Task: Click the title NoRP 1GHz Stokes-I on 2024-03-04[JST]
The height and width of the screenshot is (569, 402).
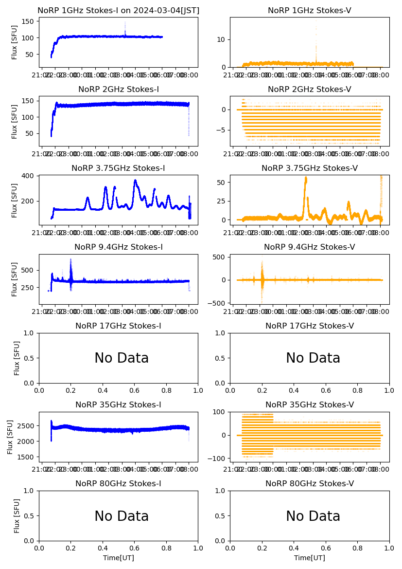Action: [118, 11]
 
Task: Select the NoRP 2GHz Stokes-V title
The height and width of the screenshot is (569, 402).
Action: [309, 90]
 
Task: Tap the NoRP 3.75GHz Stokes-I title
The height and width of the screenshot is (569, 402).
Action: [118, 168]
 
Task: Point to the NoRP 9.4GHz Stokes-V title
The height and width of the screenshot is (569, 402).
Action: [309, 247]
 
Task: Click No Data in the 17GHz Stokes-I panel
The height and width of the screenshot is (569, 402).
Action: [122, 358]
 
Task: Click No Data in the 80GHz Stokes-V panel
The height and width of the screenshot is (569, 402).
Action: [313, 516]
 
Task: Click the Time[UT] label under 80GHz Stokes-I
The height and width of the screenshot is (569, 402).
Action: [118, 558]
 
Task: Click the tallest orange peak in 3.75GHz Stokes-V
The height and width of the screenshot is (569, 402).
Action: [306, 178]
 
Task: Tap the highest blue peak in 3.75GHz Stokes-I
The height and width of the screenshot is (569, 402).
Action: [135, 181]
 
